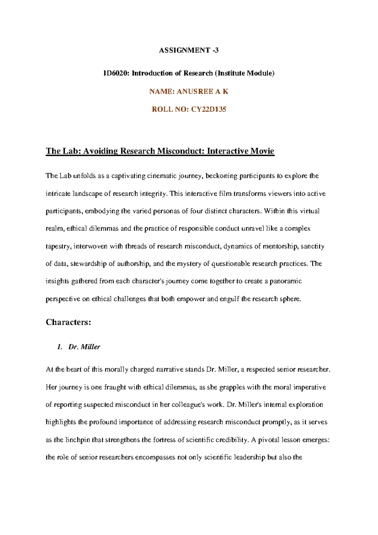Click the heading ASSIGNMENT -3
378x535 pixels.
coord(188,50)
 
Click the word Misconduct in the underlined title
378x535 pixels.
coord(180,151)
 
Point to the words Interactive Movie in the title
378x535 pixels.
coord(240,151)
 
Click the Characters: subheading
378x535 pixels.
coord(68,322)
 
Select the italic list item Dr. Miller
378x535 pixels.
coord(84,347)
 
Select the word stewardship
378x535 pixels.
coord(89,264)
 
